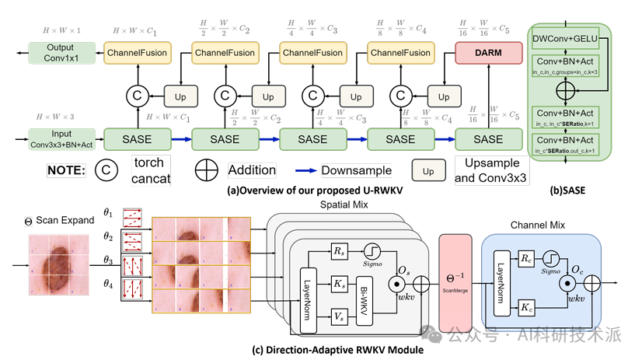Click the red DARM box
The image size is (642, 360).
(x=488, y=53)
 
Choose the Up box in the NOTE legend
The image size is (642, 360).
(x=427, y=169)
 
